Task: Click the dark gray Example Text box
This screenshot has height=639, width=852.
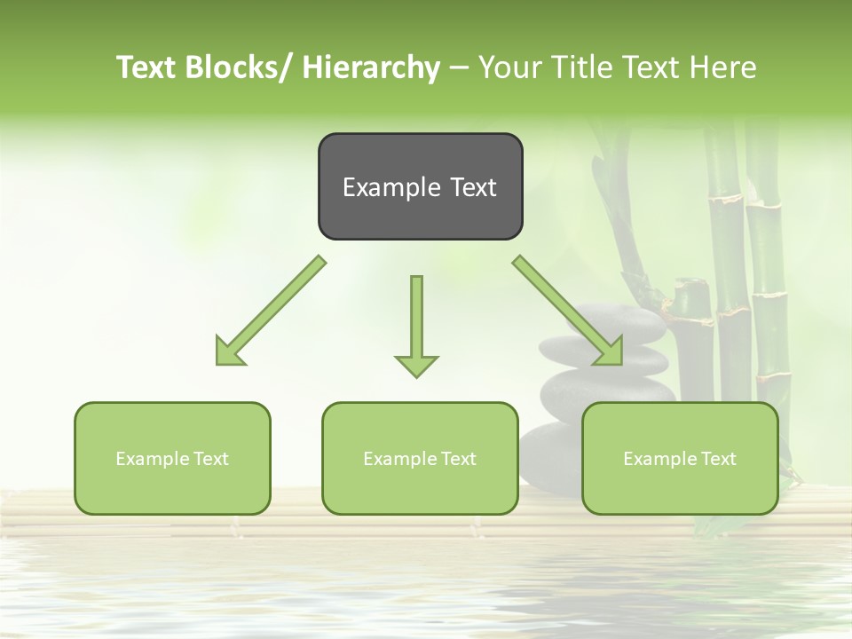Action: [x=420, y=186]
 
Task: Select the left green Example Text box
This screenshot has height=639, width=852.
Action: [x=172, y=458]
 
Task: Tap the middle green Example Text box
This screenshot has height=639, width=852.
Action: [x=420, y=458]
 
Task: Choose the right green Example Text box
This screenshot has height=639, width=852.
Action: [x=680, y=458]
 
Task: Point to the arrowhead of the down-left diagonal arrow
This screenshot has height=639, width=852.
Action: [x=227, y=352]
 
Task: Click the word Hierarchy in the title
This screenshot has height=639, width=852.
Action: [x=371, y=67]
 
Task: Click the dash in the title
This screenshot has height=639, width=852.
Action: [x=459, y=67]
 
